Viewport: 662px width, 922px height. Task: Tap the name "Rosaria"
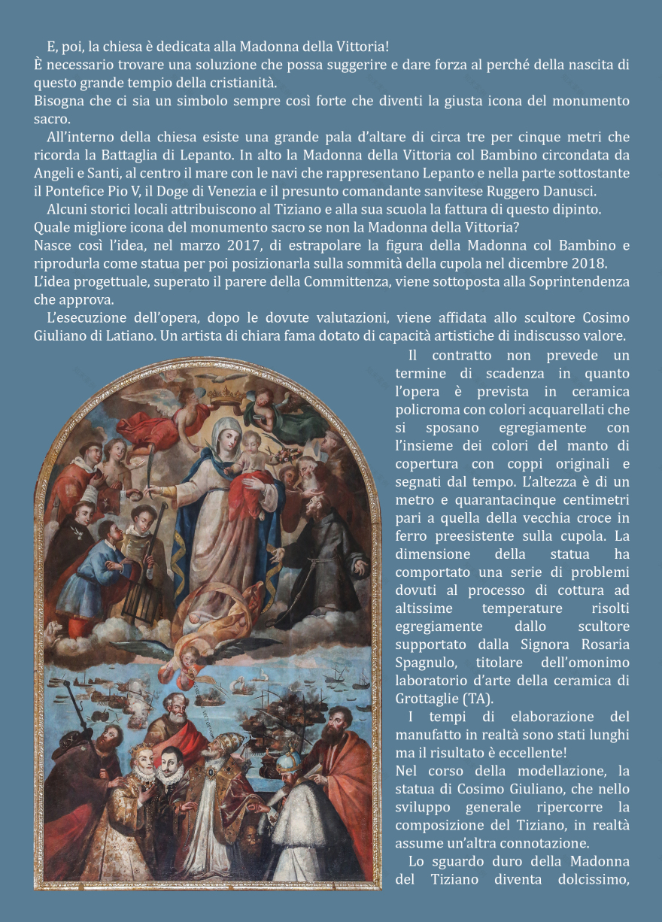click(603, 644)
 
